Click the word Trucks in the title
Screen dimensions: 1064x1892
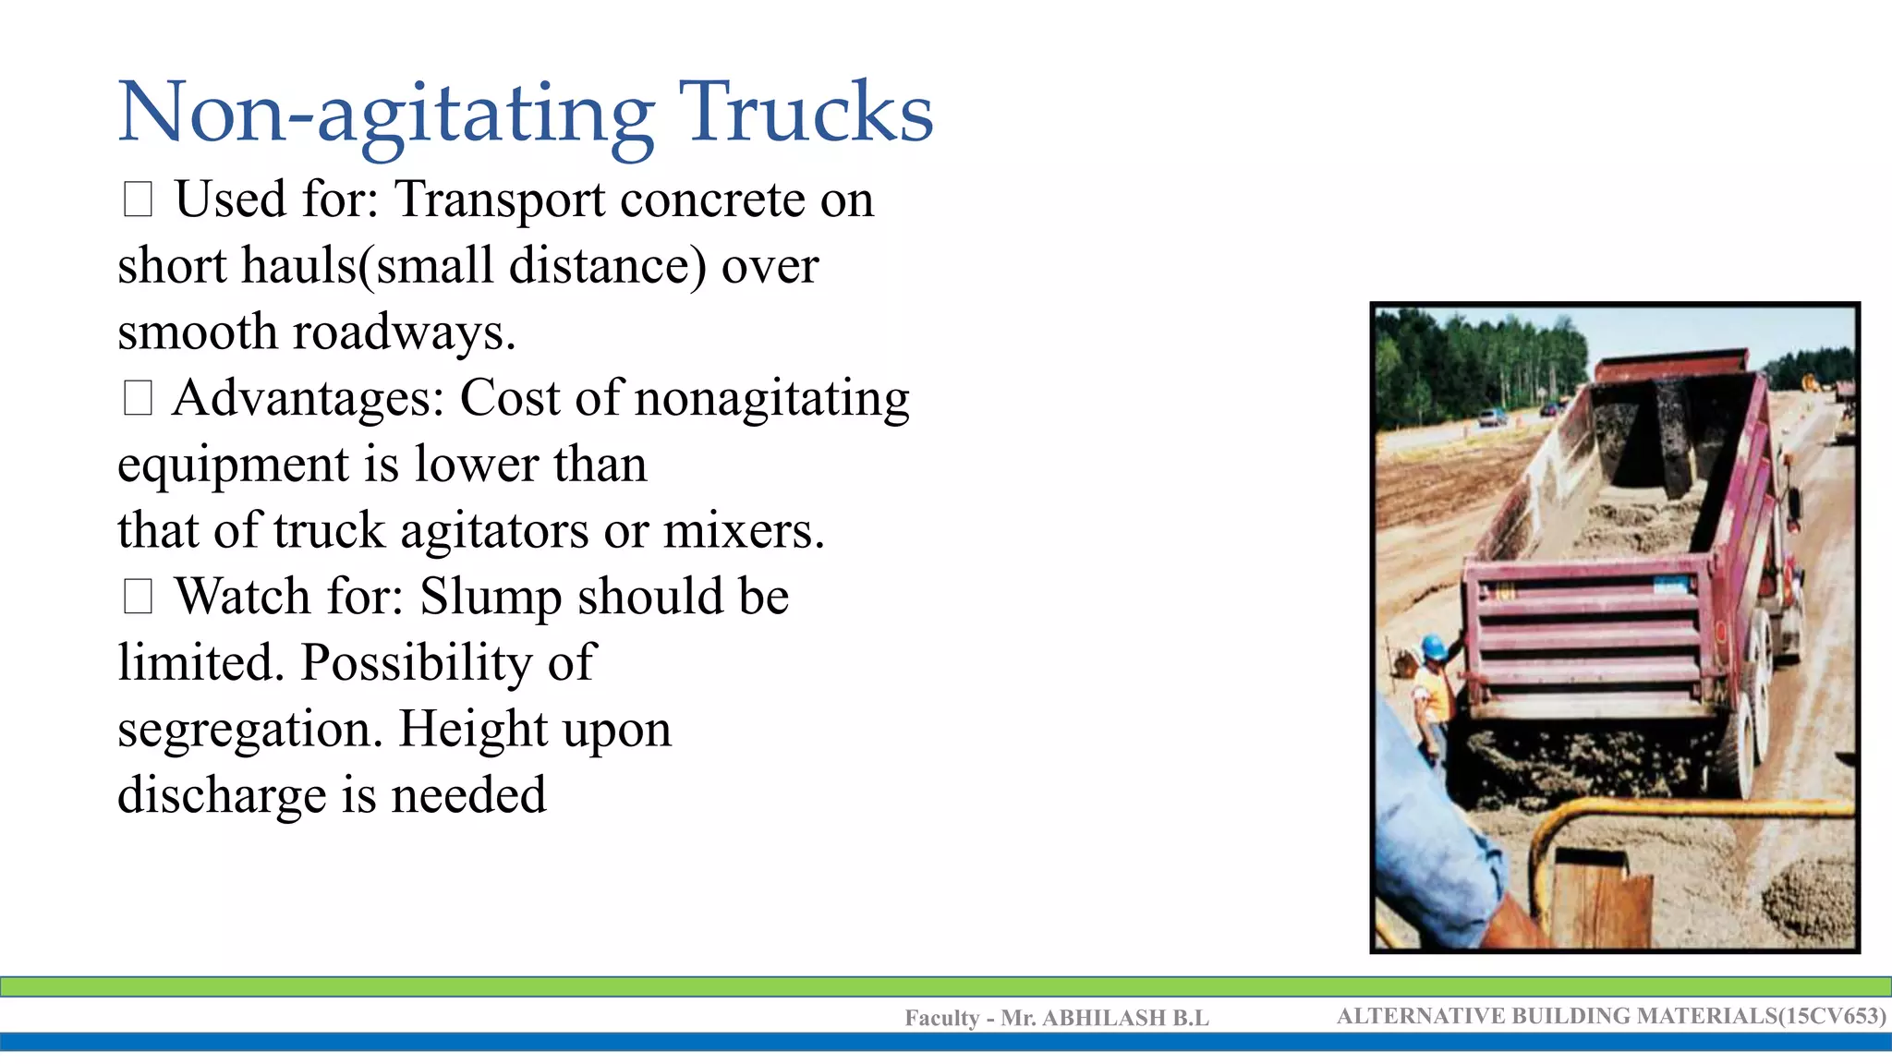[806, 113]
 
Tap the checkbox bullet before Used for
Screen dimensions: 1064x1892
[138, 199]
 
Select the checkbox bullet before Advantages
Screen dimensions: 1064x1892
[138, 398]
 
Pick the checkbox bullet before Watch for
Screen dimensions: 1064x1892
[138, 597]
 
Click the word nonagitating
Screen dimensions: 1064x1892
[772, 399]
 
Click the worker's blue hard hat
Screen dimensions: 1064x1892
[1433, 647]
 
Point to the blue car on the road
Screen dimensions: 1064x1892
[1492, 417]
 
